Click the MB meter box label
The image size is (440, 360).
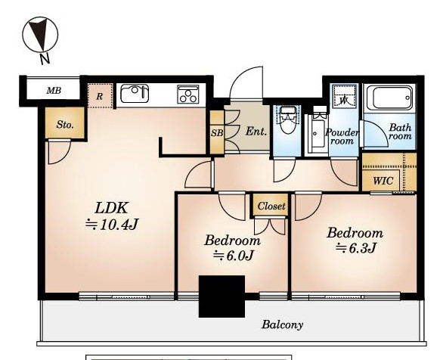(54, 91)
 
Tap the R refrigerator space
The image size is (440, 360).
(100, 96)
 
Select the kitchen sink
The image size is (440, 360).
(135, 94)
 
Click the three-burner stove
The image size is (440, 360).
(188, 94)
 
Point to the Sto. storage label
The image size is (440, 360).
(65, 124)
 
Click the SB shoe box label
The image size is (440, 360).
(217, 133)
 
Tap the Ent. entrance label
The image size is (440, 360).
(256, 131)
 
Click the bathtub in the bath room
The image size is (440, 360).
(389, 98)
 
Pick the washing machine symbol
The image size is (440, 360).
(344, 96)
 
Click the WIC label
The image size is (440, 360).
(383, 181)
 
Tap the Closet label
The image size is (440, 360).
(271, 206)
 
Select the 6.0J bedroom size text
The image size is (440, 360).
(234, 256)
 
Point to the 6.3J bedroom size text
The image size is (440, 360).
(356, 247)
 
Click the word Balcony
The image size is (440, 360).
(282, 325)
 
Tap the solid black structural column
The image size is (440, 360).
(222, 296)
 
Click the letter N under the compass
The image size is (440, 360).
(45, 59)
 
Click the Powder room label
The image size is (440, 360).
(342, 136)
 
